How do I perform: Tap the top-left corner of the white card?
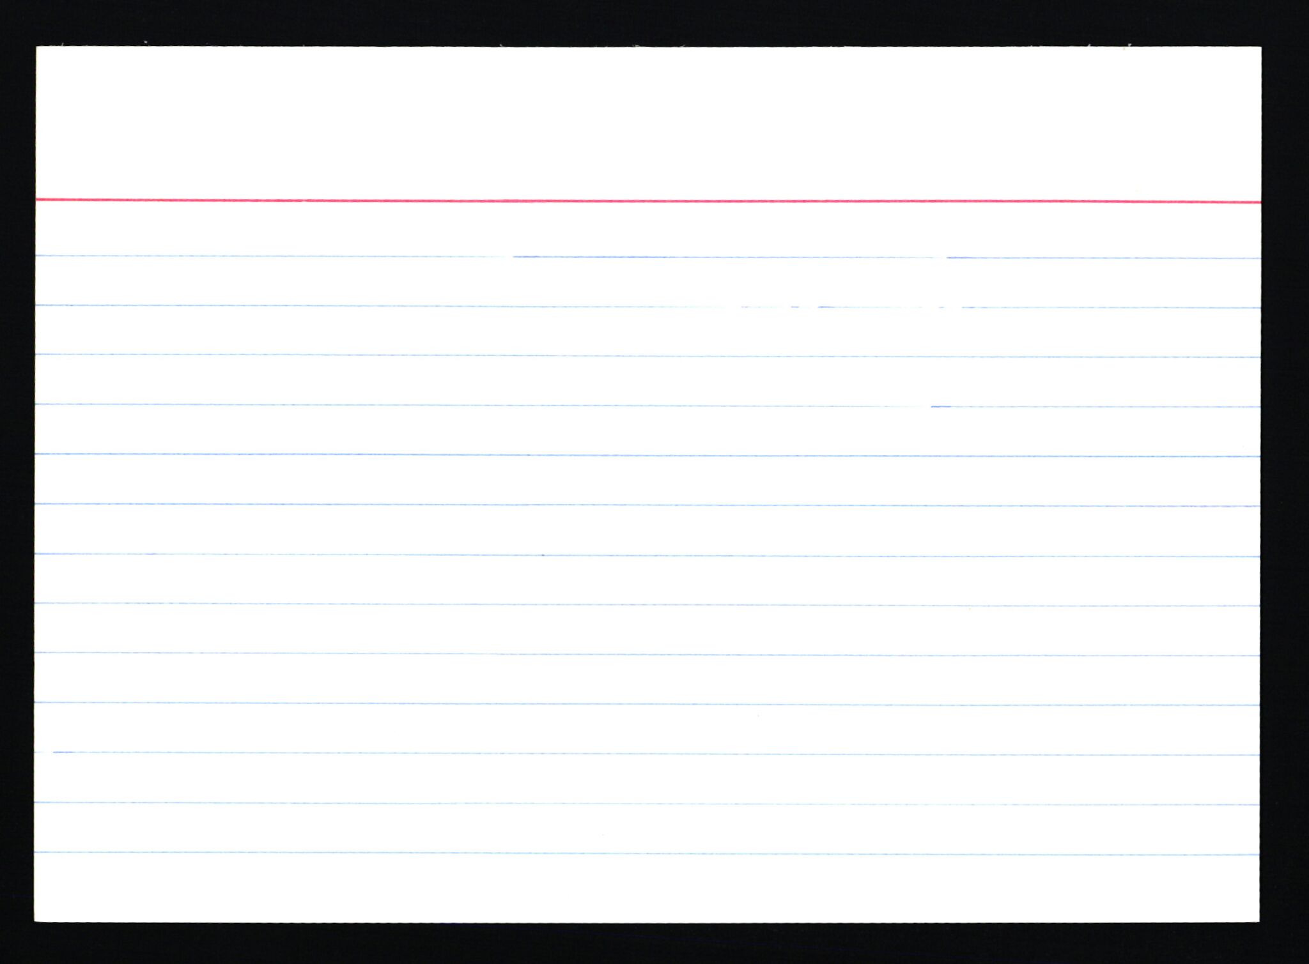click(x=37, y=48)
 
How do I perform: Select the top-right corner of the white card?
click(x=1260, y=48)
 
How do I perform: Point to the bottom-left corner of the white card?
click(x=36, y=921)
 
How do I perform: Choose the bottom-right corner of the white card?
click(x=1258, y=921)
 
